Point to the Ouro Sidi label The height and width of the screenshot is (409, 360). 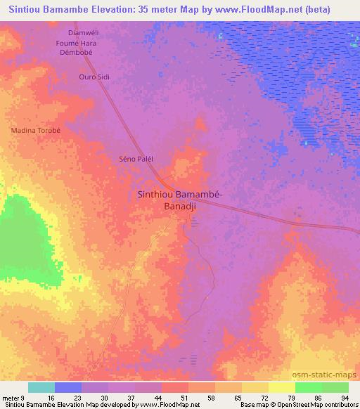coord(95,76)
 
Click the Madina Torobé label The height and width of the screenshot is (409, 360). coord(35,131)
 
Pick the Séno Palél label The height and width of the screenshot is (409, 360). coord(136,159)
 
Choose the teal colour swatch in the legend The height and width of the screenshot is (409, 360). coord(41,387)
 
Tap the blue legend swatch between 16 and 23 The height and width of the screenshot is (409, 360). coord(68,387)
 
